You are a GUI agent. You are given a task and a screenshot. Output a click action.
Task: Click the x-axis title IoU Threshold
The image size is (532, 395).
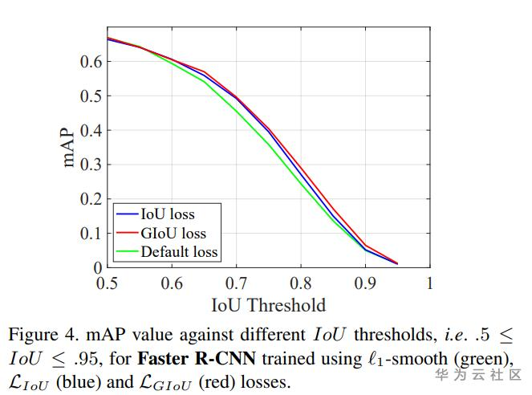[268, 305]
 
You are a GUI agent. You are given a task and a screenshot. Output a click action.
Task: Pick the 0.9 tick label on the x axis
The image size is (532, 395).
[365, 283]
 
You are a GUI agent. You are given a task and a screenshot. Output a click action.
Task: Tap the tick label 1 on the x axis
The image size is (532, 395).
[429, 283]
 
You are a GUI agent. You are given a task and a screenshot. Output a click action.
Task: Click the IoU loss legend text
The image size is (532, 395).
[168, 214]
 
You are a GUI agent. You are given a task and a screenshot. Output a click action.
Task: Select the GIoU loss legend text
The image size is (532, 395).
[173, 233]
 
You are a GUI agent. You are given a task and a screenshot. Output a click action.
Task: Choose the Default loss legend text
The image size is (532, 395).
[179, 251]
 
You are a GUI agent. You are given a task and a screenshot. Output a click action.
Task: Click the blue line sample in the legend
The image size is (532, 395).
[127, 214]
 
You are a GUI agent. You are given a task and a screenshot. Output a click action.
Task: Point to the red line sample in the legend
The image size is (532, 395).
[127, 233]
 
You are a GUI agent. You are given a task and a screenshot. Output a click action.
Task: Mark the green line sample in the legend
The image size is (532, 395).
[127, 251]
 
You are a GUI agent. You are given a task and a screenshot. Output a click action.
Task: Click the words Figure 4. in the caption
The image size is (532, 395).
[41, 334]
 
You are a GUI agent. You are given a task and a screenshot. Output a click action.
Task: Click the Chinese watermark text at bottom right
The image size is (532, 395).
[478, 375]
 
